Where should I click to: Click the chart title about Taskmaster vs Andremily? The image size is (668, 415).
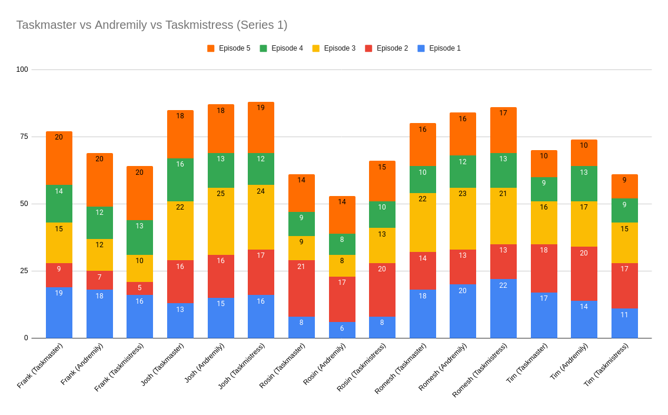pos(152,25)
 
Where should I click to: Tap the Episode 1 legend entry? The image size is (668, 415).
pos(439,48)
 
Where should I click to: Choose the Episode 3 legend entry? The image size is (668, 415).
pos(334,48)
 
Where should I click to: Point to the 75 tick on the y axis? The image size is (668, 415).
pos(24,137)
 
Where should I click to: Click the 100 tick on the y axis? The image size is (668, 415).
pos(22,69)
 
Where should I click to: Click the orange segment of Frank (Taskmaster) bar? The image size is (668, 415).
pos(59,158)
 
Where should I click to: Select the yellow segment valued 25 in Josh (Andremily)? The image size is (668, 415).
pos(221,221)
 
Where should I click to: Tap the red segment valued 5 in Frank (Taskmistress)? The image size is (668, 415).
pos(139,288)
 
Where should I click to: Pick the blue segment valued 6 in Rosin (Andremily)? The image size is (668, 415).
pos(342,330)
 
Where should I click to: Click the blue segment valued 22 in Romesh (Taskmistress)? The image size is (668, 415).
pos(503,308)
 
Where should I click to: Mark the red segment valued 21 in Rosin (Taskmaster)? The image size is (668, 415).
pos(301,288)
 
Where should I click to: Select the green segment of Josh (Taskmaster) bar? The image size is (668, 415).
pos(180,180)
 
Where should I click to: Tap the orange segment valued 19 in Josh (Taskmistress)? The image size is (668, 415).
pos(261,127)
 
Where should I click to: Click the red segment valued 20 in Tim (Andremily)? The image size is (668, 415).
pos(584,274)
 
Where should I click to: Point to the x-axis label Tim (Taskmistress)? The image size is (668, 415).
pos(607,365)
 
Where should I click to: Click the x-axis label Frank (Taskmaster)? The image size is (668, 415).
pos(40,366)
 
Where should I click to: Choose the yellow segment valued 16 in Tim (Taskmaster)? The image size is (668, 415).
pos(544,223)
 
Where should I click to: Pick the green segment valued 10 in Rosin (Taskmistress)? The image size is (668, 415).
pos(382,214)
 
